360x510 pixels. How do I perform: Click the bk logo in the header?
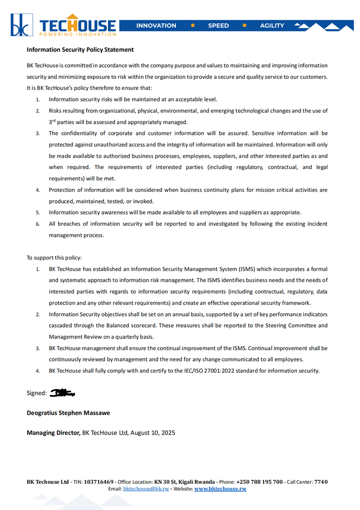(x=22, y=25)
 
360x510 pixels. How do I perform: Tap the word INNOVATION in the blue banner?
(x=156, y=26)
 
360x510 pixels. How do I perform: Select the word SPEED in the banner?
(x=218, y=26)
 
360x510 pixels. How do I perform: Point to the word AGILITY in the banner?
(x=272, y=26)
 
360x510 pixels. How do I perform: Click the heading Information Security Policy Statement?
(x=80, y=50)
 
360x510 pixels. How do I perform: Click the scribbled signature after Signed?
(x=62, y=393)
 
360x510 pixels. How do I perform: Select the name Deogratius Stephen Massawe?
(x=68, y=413)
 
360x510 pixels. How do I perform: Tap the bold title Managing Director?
(x=53, y=433)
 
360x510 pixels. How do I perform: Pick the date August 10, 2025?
(x=153, y=433)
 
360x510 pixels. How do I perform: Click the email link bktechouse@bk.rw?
(x=146, y=489)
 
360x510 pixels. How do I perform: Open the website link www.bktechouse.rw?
(x=220, y=489)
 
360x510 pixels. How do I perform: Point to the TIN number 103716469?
(x=99, y=482)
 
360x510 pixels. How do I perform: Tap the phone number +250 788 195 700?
(x=259, y=482)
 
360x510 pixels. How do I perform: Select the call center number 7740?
(x=321, y=482)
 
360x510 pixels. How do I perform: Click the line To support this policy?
(x=54, y=258)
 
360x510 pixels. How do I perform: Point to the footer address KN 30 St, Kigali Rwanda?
(x=184, y=482)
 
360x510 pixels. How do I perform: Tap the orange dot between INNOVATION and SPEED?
(x=193, y=26)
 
